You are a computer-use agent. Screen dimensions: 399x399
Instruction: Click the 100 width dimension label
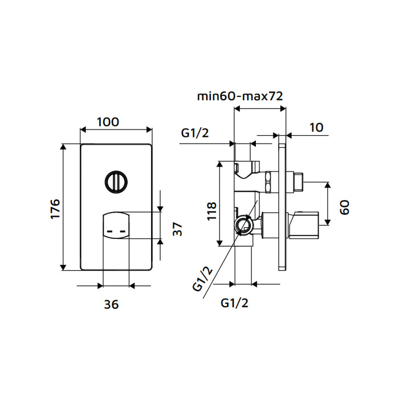coord(108,121)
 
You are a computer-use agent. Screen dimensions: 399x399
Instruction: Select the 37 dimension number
coord(177,229)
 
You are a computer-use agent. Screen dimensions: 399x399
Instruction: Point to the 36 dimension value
coord(111,304)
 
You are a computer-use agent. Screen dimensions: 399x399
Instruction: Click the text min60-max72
coord(241,96)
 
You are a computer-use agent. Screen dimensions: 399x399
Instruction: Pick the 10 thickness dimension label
coord(316,127)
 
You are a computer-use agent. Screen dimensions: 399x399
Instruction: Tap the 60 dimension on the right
coord(344,207)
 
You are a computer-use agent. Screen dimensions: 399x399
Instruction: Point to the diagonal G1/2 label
coord(203,279)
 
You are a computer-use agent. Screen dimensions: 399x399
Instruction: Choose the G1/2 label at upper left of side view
coord(196,133)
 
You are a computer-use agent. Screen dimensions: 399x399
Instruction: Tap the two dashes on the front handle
coord(116,232)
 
